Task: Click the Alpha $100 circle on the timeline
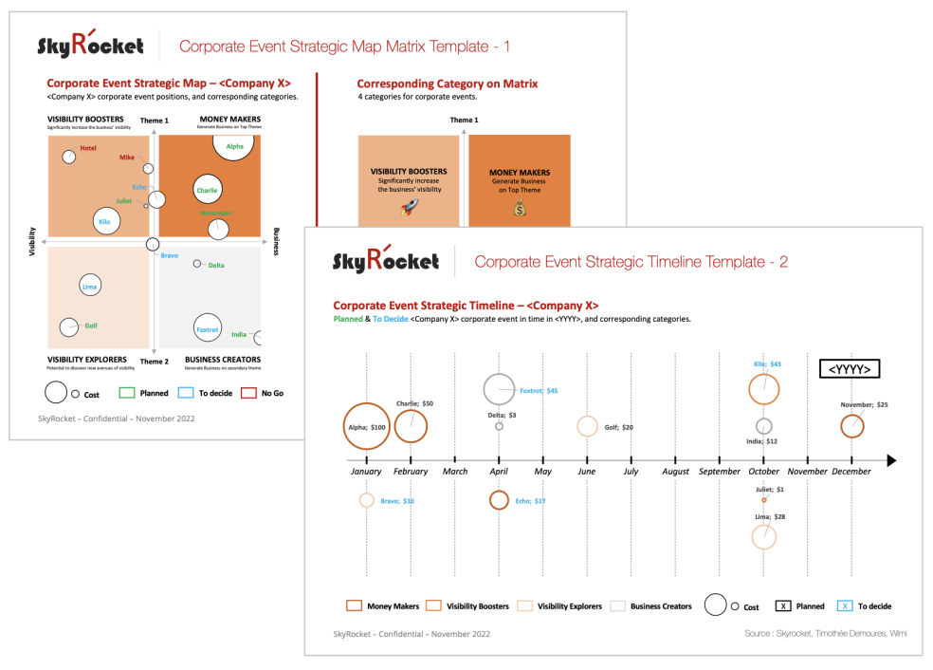(x=366, y=427)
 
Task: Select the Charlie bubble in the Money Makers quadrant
(x=207, y=190)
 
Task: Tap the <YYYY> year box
(x=850, y=369)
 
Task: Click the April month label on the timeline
(x=499, y=471)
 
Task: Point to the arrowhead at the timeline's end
(x=890, y=460)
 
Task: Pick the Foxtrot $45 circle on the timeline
(x=500, y=390)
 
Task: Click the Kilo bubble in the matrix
(x=104, y=221)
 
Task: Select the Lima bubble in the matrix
(x=90, y=286)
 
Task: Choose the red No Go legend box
(x=249, y=393)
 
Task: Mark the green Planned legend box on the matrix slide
(x=128, y=393)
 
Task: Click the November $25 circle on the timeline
(x=852, y=427)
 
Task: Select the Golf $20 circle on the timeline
(x=587, y=427)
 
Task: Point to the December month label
(x=851, y=471)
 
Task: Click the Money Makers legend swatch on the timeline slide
(x=354, y=605)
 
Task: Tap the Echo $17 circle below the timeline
(x=499, y=500)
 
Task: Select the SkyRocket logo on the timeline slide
(x=386, y=260)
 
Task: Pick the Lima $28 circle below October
(x=764, y=536)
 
